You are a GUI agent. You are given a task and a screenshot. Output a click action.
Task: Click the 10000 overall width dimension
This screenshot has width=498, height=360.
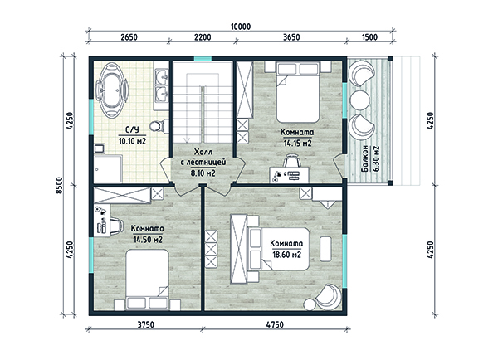[241, 27]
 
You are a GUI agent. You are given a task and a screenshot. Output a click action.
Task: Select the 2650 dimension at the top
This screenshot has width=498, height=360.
[129, 37]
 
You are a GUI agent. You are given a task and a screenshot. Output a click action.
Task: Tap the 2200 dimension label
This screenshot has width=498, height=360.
[203, 37]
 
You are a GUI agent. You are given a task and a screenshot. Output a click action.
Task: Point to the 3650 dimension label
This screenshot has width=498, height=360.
[291, 37]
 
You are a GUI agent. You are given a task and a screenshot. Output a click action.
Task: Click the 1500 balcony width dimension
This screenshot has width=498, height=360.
[369, 37]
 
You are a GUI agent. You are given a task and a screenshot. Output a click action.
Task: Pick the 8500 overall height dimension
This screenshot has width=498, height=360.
[60, 186]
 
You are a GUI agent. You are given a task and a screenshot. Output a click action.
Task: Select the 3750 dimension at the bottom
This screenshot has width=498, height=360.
[146, 324]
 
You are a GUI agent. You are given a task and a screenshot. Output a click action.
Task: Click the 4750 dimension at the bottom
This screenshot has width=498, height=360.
[275, 324]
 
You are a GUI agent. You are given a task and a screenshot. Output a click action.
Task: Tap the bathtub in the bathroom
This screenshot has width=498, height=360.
[112, 90]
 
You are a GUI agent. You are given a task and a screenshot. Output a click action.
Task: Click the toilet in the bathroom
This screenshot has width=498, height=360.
[159, 126]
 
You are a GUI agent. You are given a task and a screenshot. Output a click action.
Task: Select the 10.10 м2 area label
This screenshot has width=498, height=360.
[133, 141]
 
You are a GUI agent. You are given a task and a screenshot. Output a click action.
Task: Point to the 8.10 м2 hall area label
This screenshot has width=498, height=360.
[203, 173]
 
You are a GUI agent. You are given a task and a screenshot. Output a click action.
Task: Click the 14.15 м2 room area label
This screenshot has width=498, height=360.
[298, 144]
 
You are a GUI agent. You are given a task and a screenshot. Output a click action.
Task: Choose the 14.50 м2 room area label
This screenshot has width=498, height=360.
[148, 240]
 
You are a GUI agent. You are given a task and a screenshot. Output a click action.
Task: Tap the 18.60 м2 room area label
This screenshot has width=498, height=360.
[286, 255]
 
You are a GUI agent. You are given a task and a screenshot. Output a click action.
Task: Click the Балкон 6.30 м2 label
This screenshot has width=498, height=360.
[371, 158]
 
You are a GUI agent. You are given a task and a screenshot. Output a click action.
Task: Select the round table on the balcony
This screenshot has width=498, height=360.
[360, 100]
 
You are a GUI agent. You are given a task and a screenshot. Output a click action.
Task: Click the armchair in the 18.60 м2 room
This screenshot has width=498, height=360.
[328, 297]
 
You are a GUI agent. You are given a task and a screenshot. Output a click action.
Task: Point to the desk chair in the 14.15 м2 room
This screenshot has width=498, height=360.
[291, 161]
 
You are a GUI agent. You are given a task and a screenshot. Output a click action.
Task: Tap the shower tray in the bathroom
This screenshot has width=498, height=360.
[108, 168]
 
